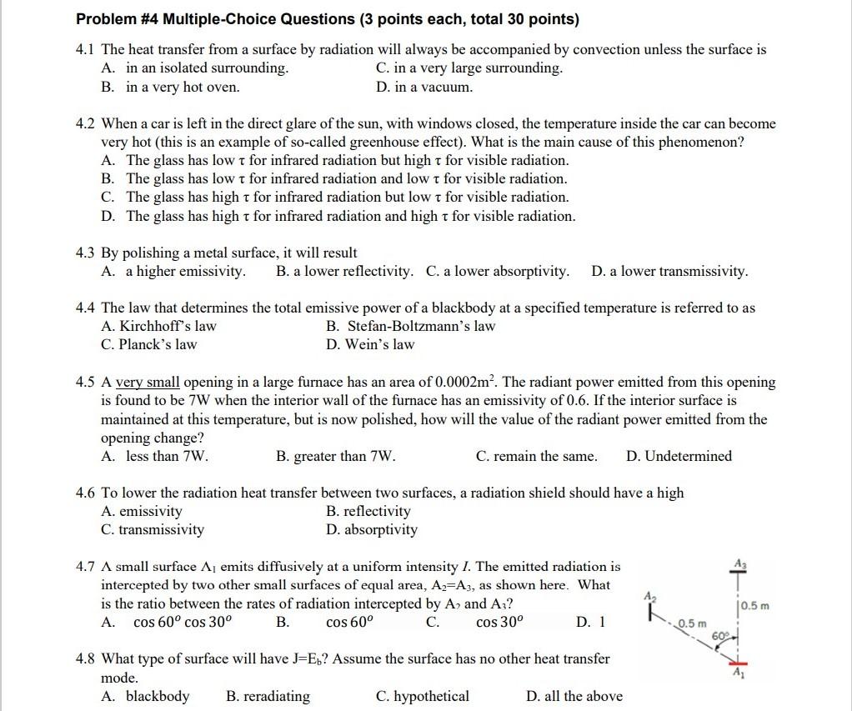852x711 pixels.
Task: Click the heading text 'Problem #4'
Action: click(x=116, y=19)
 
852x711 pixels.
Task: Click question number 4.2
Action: click(x=86, y=123)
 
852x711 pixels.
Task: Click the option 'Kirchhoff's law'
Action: click(x=158, y=326)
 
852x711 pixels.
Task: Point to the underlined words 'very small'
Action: click(x=147, y=383)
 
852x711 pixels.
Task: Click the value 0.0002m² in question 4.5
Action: click(x=466, y=382)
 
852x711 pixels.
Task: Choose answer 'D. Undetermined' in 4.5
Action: click(x=679, y=456)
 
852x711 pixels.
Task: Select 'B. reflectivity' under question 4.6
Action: click(x=368, y=511)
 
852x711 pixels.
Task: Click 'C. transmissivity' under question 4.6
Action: click(x=152, y=529)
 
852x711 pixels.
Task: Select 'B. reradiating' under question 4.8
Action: click(x=268, y=696)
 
